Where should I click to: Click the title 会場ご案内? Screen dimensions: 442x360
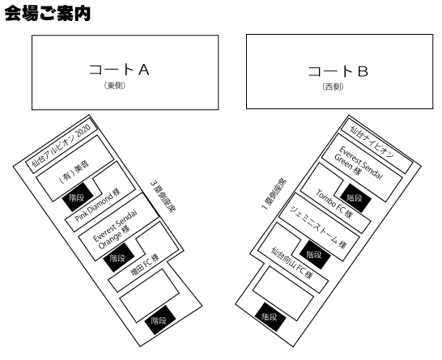(48, 14)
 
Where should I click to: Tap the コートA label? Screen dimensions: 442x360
(119, 70)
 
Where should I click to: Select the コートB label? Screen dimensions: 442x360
(338, 71)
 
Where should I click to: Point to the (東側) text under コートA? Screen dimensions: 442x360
(115, 86)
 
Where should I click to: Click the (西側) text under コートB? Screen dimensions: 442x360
(334, 87)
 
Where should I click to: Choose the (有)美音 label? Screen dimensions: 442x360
(74, 172)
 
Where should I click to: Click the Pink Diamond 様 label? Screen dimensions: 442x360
(98, 205)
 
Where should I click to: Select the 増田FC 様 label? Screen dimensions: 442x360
(145, 265)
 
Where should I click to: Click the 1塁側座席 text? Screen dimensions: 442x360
(274, 194)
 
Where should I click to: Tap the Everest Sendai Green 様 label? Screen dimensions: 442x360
(359, 164)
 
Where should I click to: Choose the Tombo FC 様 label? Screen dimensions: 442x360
(334, 204)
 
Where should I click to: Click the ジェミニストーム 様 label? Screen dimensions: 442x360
(317, 227)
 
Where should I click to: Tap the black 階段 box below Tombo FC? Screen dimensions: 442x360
(354, 197)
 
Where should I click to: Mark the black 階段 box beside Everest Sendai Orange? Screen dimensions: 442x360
(119, 257)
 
